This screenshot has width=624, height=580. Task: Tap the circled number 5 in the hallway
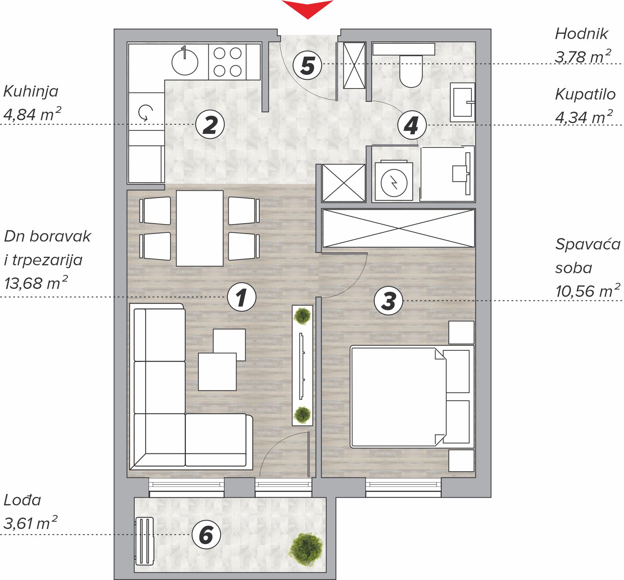click(308, 65)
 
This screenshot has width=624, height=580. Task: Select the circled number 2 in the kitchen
click(210, 125)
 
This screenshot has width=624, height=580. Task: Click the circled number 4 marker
click(412, 125)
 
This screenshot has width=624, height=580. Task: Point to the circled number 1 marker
click(242, 297)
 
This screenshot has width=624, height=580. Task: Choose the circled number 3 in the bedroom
click(389, 301)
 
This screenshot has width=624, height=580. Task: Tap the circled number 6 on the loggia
click(207, 535)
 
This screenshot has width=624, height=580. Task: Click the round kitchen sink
click(185, 61)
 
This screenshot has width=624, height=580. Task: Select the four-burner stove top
click(228, 62)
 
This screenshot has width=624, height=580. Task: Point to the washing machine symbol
click(394, 182)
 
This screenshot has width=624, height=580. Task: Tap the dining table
click(200, 228)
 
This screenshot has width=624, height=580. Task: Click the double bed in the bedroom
click(412, 397)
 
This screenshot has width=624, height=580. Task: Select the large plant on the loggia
click(306, 549)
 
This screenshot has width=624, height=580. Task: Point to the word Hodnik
click(581, 34)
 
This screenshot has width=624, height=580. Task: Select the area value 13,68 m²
click(36, 283)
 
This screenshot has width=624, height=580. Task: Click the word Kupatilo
click(585, 94)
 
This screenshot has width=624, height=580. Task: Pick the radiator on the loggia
click(145, 541)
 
